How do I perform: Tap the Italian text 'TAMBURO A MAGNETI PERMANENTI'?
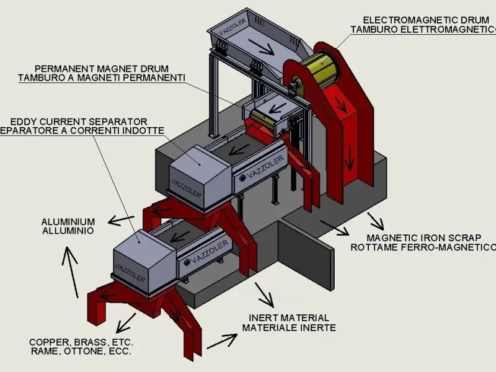point(102,77)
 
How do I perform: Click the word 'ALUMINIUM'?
point(68,221)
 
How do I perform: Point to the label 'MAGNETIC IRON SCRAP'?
point(423,237)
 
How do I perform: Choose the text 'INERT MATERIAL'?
point(289,317)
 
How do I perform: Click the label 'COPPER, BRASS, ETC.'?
point(81,342)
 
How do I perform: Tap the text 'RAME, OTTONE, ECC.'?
point(80,352)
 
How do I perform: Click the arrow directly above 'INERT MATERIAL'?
point(265,295)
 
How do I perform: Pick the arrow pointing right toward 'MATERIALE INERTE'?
point(222,340)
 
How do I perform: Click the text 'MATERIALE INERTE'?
point(289,327)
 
